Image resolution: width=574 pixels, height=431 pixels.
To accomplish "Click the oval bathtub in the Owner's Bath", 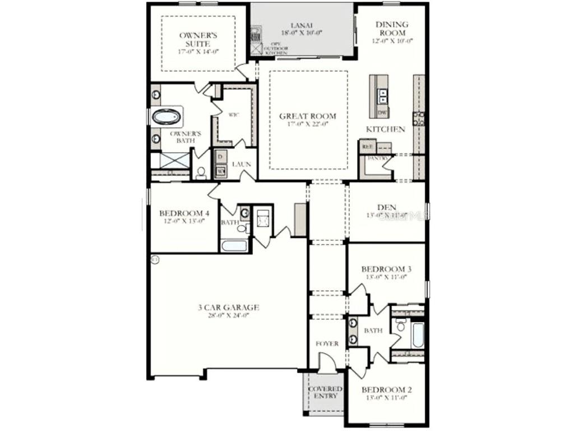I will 167,117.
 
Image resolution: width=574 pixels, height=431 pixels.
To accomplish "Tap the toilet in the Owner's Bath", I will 201,172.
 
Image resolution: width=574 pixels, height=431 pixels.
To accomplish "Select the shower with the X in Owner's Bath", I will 175,161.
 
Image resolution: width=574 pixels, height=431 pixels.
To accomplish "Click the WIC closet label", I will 233,114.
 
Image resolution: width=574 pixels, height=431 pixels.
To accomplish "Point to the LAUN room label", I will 241,164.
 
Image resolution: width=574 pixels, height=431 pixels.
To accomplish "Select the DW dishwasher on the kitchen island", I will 383,113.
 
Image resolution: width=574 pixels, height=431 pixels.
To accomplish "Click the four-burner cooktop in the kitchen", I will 418,118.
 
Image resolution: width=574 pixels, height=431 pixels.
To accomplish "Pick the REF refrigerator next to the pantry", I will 368,146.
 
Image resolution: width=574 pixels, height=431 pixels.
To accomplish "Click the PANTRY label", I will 376,159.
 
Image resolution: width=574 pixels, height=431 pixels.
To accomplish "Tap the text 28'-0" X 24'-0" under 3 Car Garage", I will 228,315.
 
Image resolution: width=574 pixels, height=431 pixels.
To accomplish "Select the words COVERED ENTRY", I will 325,392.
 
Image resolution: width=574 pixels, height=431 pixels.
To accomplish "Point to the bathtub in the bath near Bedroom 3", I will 417,334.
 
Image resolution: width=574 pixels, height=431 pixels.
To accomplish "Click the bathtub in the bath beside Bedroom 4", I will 234,245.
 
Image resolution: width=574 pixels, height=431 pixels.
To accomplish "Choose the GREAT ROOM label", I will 308,116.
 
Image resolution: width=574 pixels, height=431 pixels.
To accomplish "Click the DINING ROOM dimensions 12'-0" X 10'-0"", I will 392,41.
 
